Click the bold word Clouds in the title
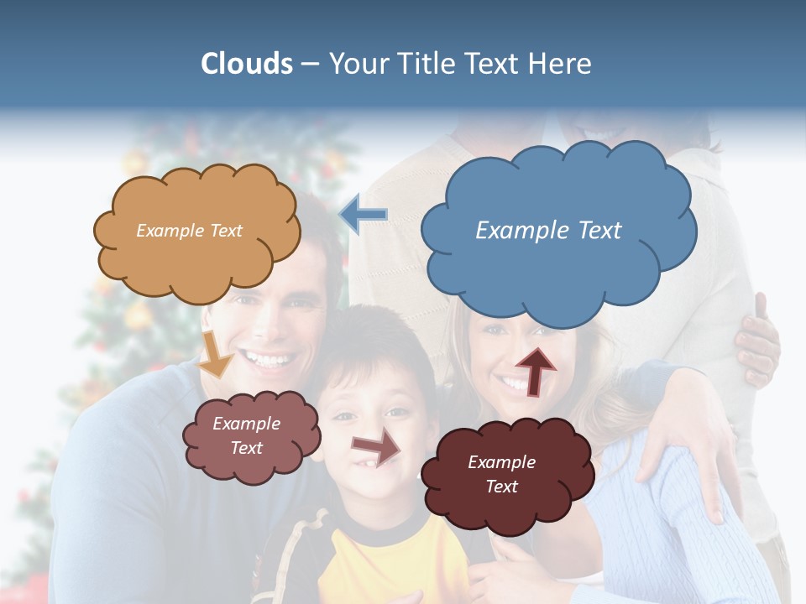tap(247, 64)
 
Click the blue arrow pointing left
tap(364, 214)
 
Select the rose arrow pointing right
tap(377, 448)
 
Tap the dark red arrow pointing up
tap(536, 370)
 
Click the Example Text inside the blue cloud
tap(548, 231)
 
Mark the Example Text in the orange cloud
tap(189, 231)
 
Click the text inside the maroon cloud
tap(501, 474)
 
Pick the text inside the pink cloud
tap(246, 435)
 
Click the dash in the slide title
tap(309, 65)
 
